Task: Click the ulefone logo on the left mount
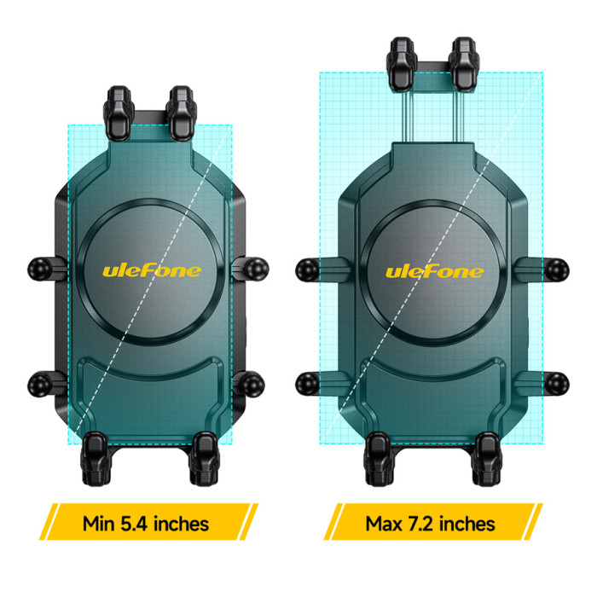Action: (152, 271)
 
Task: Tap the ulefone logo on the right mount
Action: (435, 272)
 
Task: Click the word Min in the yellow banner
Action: (99, 524)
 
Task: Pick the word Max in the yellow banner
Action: (384, 524)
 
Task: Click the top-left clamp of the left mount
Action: (119, 113)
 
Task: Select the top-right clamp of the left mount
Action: (182, 113)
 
